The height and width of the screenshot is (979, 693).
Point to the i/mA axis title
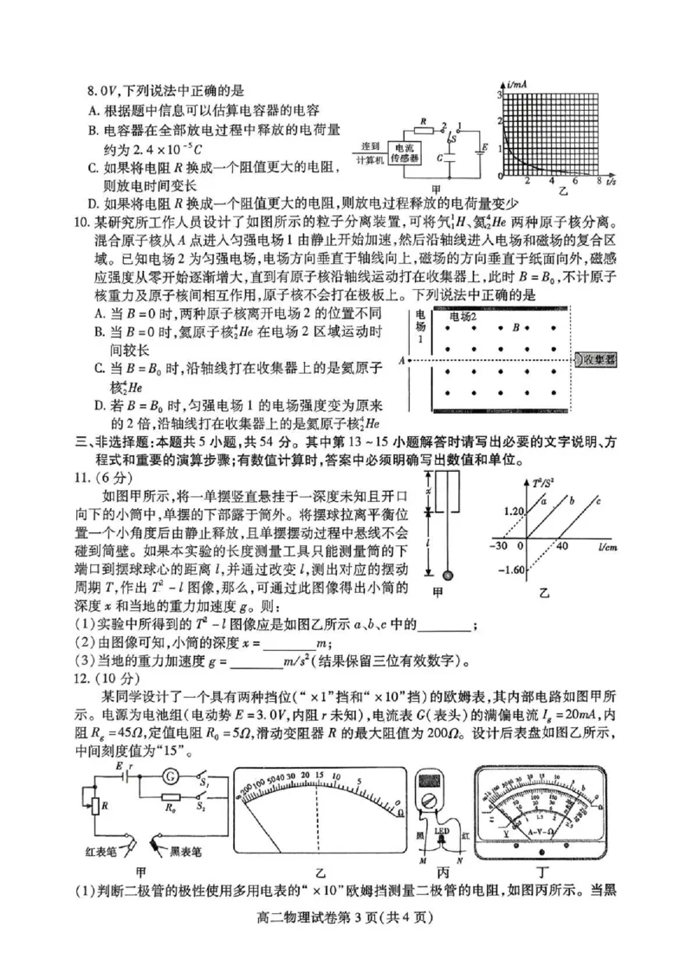point(517,83)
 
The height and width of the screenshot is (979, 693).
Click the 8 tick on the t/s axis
point(599,181)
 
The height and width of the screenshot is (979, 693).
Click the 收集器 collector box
point(598,358)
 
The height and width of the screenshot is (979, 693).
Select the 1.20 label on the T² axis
point(515,512)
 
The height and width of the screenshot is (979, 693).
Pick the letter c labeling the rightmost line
point(599,499)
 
